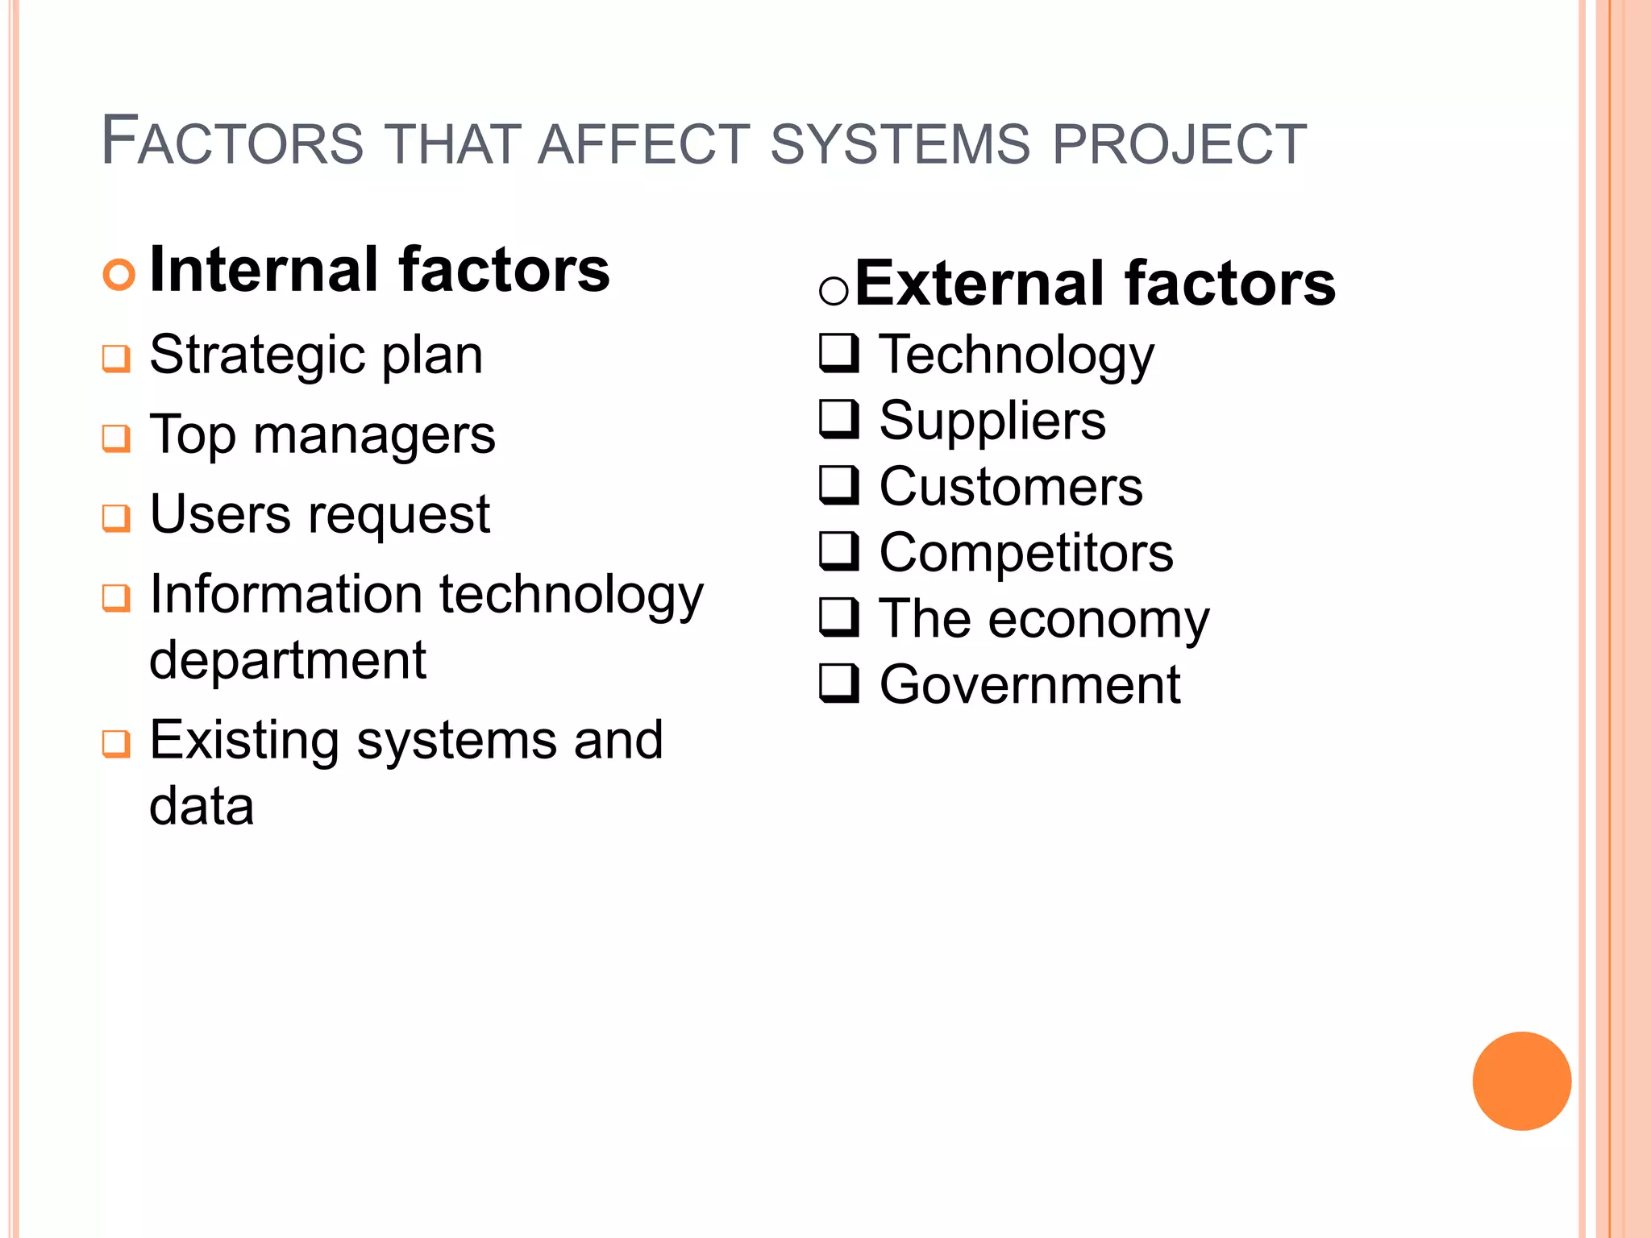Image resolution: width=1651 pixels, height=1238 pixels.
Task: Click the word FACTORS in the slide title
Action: (x=232, y=143)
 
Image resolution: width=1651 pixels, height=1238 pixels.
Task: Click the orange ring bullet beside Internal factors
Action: (x=119, y=275)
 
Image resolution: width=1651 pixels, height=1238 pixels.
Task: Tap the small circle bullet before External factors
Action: (x=834, y=290)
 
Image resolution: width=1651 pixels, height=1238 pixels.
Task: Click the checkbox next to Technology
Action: (x=839, y=353)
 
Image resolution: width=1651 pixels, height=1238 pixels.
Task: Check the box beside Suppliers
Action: (x=839, y=419)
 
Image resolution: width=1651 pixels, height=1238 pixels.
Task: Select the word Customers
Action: (x=1011, y=487)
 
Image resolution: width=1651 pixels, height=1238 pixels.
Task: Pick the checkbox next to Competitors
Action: (x=839, y=551)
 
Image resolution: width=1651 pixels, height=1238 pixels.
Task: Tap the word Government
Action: (x=1029, y=685)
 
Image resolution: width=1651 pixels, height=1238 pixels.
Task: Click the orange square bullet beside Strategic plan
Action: (x=116, y=358)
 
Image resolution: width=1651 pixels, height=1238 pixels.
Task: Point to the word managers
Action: (x=374, y=436)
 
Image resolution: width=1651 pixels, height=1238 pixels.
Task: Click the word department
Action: (x=288, y=661)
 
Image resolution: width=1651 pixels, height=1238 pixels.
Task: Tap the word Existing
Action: (x=244, y=741)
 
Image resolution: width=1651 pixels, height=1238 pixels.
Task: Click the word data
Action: (x=202, y=806)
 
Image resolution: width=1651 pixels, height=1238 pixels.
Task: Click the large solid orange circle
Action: (x=1521, y=1081)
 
